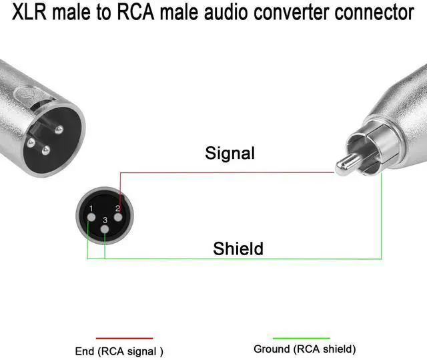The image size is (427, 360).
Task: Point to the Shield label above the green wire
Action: pyautogui.click(x=238, y=249)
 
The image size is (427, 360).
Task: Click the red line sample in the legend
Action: pyautogui.click(x=124, y=339)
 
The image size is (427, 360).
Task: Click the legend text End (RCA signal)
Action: pyautogui.click(x=121, y=350)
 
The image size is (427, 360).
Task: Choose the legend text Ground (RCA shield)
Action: pyautogui.click(x=305, y=349)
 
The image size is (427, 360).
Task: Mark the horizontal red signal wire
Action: pyautogui.click(x=227, y=172)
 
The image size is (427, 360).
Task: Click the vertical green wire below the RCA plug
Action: pyautogui.click(x=381, y=220)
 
